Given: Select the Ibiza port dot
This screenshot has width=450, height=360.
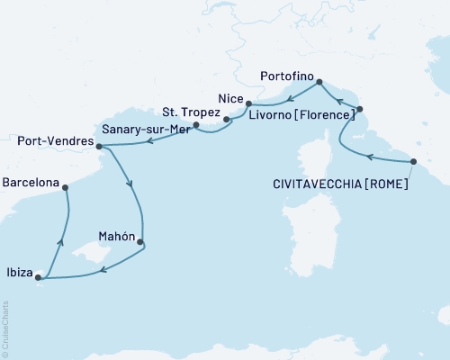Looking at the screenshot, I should point(37,278).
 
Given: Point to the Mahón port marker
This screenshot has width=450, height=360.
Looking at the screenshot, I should point(139,241).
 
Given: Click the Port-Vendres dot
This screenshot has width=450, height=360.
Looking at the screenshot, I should point(86,146).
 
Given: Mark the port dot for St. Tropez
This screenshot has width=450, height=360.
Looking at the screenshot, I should point(227,118).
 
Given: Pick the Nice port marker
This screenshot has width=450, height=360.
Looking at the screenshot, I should point(248,103).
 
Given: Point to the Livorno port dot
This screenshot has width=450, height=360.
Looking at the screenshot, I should point(359,109).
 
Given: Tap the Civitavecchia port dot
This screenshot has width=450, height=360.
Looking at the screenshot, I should point(413,162).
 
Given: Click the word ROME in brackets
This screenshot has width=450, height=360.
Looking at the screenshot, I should point(388,184).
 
